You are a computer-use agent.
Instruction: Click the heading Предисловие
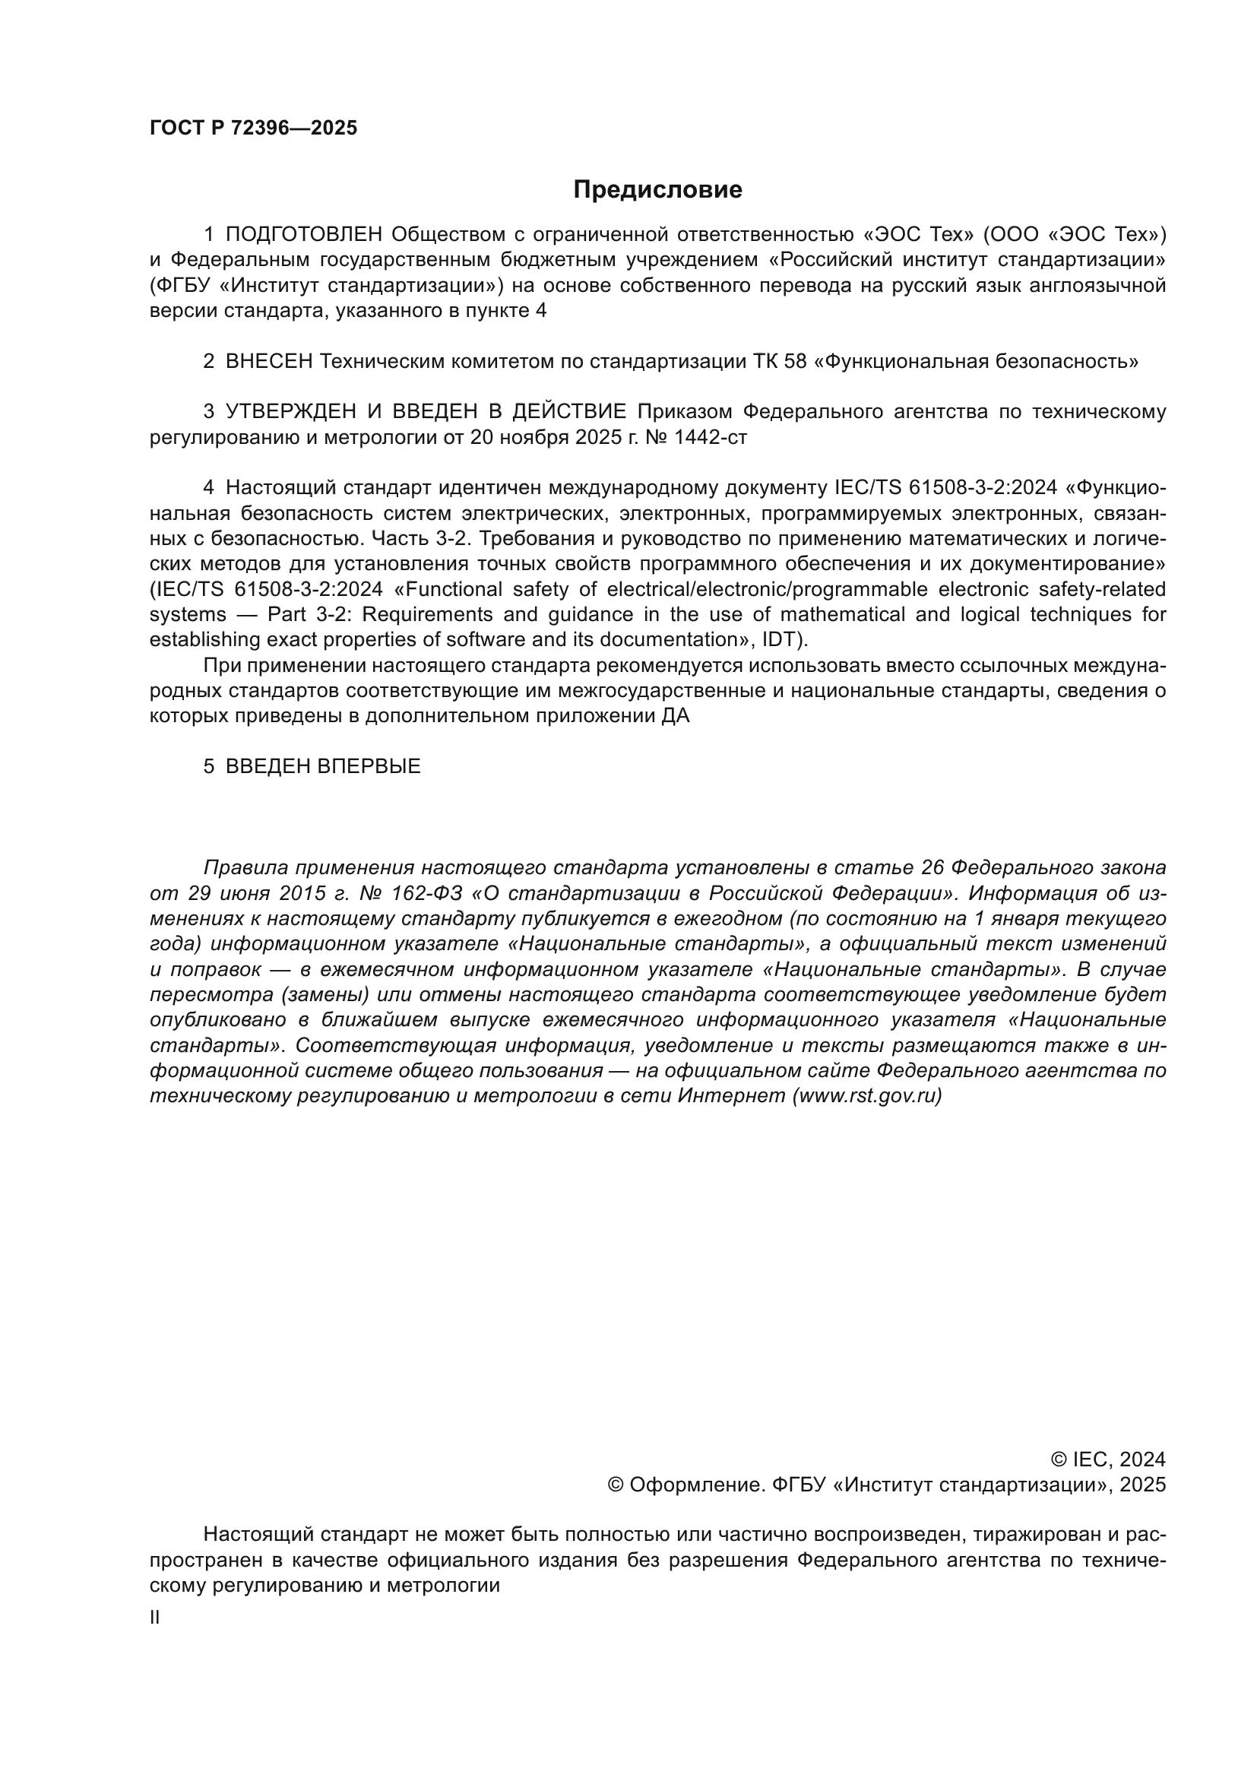[657, 190]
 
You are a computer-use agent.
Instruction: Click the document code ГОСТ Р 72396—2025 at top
[253, 128]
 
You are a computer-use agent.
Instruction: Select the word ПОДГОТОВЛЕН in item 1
[304, 234]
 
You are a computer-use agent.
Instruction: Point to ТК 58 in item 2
[780, 362]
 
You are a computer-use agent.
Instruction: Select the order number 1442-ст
[711, 438]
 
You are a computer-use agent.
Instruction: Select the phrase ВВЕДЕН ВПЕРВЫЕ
[323, 767]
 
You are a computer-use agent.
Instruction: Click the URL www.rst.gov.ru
[867, 1097]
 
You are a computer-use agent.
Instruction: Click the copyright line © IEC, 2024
[1107, 1459]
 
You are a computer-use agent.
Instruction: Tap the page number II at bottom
[155, 1618]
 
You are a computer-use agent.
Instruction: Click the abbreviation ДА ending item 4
[675, 716]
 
